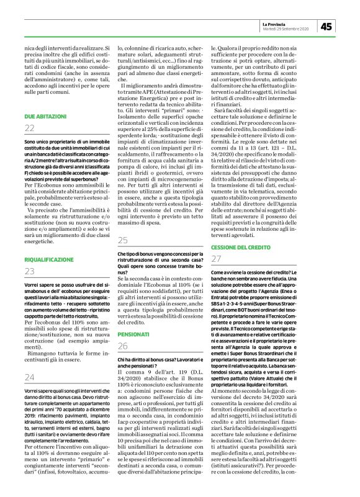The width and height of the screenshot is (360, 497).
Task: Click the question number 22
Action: pos(30,128)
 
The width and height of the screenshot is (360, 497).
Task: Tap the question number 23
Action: pos(30,271)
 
